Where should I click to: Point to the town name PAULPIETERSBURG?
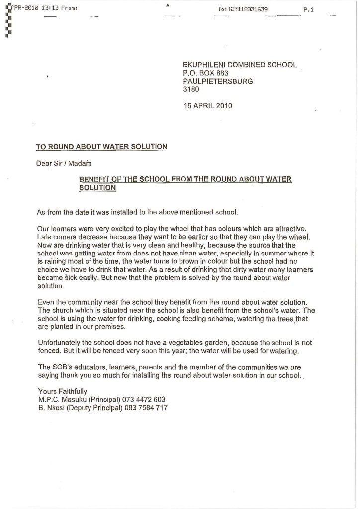click(218, 81)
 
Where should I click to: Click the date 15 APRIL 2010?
click(208, 106)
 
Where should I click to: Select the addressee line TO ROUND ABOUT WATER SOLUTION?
click(101, 147)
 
